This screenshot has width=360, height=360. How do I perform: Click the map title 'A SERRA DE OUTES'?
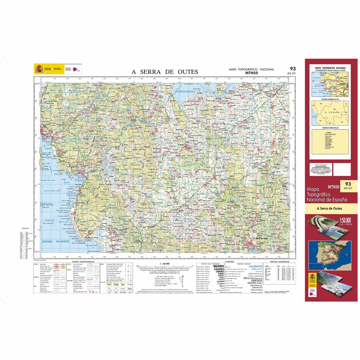(x=165, y=72)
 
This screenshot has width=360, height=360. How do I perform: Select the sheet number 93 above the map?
(x=292, y=69)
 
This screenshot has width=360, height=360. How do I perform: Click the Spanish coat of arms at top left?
(x=39, y=69)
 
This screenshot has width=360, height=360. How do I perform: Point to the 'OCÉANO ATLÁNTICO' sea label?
(x=55, y=241)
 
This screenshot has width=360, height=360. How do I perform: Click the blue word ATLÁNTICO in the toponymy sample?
(x=255, y=266)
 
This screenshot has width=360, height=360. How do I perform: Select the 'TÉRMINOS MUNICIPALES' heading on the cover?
(x=330, y=128)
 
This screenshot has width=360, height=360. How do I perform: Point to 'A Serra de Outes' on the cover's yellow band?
(x=329, y=208)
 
